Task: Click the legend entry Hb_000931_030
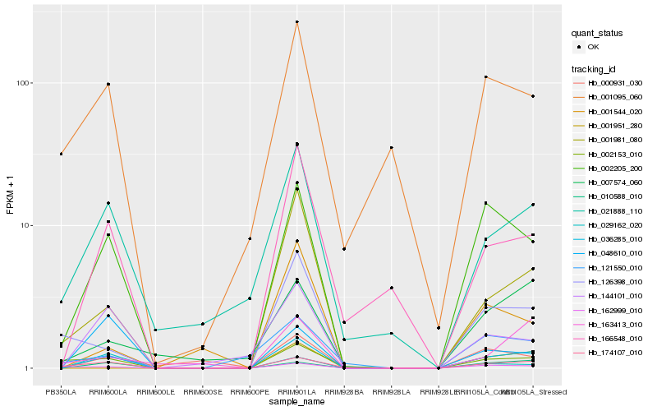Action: (611, 82)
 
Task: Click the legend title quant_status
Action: (598, 33)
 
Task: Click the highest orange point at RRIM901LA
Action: (297, 22)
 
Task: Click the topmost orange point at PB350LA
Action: (61, 154)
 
